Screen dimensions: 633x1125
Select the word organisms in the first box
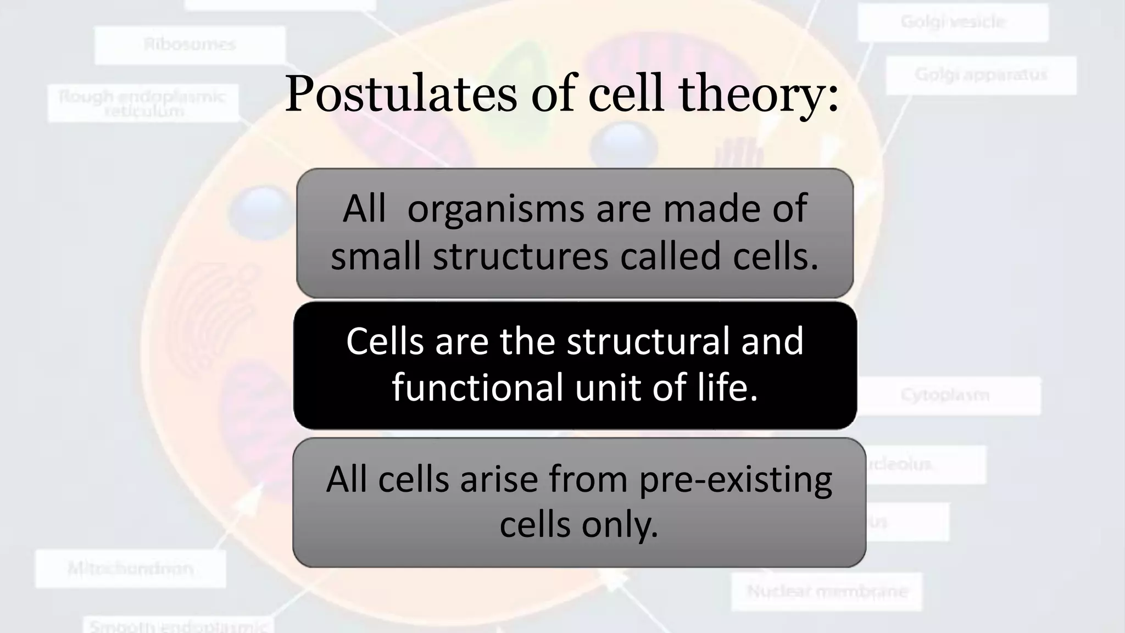point(495,209)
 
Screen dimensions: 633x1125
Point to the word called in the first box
point(670,256)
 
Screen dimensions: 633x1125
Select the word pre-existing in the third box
point(735,479)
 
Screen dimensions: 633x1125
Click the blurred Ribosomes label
point(190,45)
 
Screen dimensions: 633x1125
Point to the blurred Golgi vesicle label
point(953,22)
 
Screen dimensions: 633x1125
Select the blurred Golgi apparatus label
point(981,75)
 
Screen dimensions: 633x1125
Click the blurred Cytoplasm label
point(945,395)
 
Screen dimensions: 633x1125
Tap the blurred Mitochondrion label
point(131,569)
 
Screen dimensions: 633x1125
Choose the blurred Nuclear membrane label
point(827,592)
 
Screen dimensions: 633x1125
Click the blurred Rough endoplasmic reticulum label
point(143,103)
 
